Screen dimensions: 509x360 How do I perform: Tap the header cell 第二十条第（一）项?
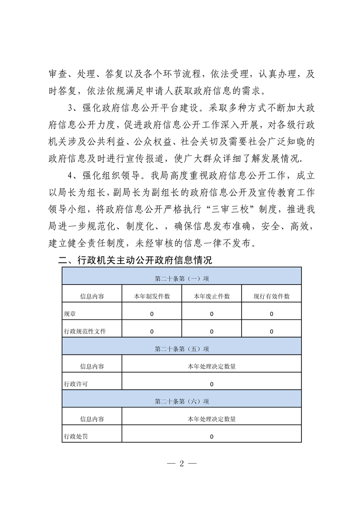coord(182,279)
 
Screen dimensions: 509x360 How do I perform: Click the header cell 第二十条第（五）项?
coord(182,349)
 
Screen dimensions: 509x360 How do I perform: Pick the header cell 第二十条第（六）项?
coord(182,401)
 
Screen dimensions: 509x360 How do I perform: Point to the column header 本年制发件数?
coord(152,296)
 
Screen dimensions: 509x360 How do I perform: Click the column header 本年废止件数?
coord(212,296)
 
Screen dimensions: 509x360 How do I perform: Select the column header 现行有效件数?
coord(271,296)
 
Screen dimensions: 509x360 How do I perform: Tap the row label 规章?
coord(70,314)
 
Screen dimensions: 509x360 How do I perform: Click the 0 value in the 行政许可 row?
coord(212,384)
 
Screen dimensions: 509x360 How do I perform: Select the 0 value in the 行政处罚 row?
coord(212,437)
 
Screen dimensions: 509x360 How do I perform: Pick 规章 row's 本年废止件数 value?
coord(212,314)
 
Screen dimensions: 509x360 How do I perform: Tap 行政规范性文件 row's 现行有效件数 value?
coord(271,332)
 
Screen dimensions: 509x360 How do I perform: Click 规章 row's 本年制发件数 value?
coord(152,314)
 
